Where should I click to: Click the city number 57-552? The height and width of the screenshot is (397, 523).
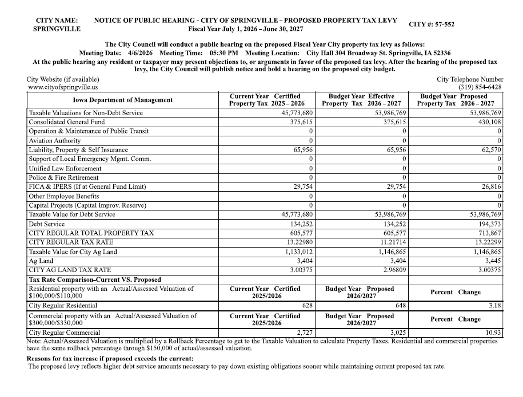click(442, 25)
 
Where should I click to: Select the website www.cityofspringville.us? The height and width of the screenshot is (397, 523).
click(62, 87)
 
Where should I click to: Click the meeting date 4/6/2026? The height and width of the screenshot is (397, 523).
click(137, 53)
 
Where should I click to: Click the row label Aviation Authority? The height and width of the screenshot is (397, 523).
click(55, 140)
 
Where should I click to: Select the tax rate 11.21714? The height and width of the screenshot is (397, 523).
click(392, 242)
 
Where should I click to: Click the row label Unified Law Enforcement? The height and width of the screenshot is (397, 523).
click(65, 168)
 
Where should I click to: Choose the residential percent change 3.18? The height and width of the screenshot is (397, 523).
click(496, 306)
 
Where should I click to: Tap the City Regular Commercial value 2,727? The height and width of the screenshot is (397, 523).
click(305, 332)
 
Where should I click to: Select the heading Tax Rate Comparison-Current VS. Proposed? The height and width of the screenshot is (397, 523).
click(95, 279)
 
